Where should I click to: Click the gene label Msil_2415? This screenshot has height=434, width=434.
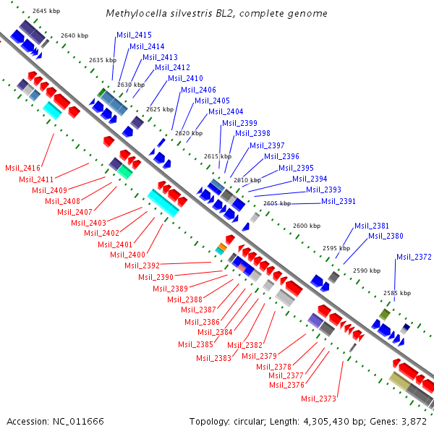134,35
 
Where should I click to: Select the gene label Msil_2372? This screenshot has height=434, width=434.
414,257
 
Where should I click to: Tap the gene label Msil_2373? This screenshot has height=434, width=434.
319,399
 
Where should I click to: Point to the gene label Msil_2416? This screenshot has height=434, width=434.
22,167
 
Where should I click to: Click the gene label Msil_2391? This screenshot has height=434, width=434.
339,201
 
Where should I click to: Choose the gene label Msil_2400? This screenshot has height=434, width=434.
127,255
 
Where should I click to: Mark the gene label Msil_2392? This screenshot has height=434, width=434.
142,265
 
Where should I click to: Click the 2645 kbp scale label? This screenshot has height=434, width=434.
47,11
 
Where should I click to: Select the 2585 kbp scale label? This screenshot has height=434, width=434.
397,293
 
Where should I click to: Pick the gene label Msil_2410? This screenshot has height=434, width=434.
185,78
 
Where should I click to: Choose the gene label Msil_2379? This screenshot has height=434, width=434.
259,355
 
